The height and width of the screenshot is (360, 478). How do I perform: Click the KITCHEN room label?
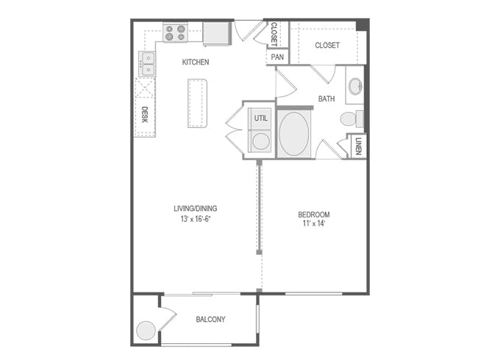click(x=196, y=62)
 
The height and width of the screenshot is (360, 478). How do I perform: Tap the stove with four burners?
click(x=175, y=32)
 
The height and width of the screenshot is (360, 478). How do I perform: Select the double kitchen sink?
click(x=147, y=63)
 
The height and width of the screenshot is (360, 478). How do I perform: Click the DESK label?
click(x=145, y=114)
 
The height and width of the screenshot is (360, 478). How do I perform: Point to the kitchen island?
click(x=197, y=102)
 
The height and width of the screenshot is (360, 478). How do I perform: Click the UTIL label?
click(x=261, y=118)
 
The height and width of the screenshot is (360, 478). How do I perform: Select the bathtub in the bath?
click(x=293, y=134)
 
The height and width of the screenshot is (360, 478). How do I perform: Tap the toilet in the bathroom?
click(x=351, y=118)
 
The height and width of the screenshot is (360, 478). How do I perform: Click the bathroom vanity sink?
click(x=354, y=86)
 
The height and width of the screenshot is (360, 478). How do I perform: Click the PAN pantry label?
click(x=277, y=57)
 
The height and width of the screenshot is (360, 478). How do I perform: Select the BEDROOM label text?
click(x=312, y=215)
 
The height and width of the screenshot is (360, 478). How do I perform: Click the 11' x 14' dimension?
click(x=312, y=224)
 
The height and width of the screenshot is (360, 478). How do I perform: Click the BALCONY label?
click(x=210, y=319)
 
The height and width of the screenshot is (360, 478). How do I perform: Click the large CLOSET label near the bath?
click(x=327, y=46)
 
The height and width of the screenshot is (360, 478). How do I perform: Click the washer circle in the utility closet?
click(x=260, y=140)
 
